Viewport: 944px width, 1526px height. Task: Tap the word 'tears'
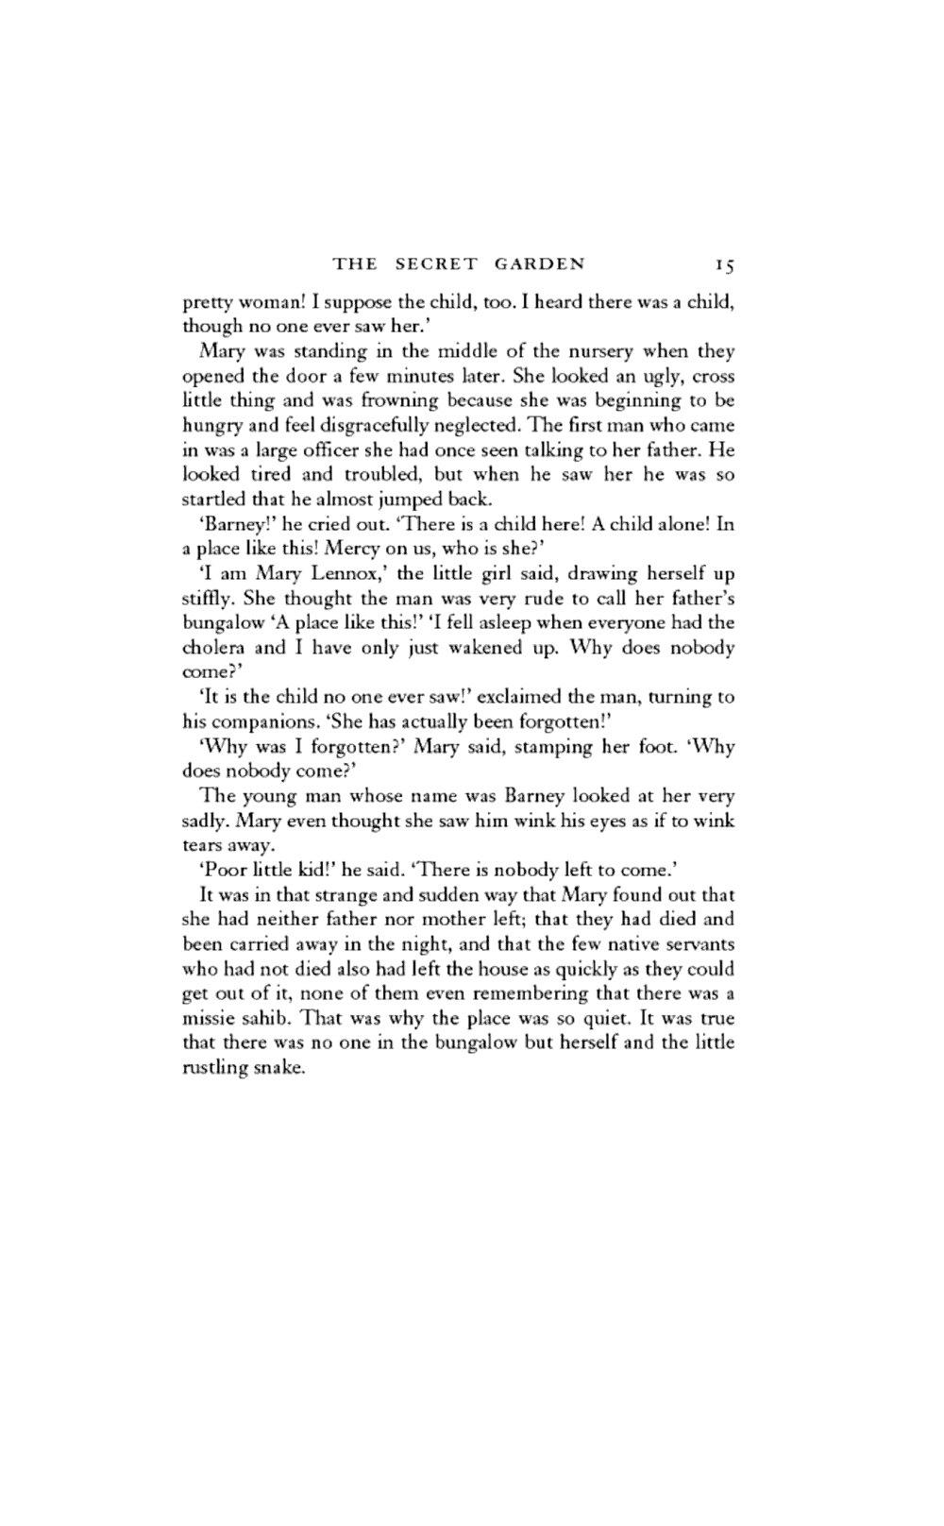(200, 844)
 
